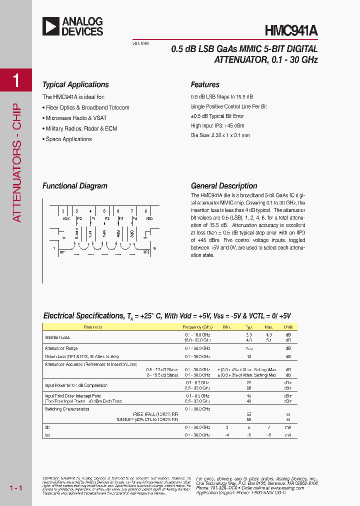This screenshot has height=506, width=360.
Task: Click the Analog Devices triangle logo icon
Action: point(51,26)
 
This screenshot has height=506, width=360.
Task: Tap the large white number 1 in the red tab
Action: point(16,80)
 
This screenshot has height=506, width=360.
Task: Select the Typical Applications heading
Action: point(75,84)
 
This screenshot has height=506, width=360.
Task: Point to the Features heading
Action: point(205,84)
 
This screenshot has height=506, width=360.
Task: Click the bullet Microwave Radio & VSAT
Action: point(68,118)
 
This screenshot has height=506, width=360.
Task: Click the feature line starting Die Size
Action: point(220,135)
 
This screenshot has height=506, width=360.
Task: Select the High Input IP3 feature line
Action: point(217,125)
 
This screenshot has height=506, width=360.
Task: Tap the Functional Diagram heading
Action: point(75,186)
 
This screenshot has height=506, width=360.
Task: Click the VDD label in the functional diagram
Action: point(148,218)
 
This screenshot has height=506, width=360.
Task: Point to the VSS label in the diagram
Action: point(65,218)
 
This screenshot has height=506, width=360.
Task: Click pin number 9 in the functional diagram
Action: point(154,248)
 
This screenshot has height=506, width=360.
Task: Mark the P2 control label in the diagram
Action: point(107,218)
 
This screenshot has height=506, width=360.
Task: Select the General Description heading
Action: point(224,186)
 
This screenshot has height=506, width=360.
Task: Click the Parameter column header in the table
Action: point(93,327)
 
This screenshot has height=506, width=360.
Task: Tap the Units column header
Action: point(288,327)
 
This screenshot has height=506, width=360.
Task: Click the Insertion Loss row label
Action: point(57,337)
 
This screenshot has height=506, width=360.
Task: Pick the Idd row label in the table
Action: point(47,427)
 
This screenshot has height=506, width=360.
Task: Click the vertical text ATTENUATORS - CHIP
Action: point(16,162)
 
